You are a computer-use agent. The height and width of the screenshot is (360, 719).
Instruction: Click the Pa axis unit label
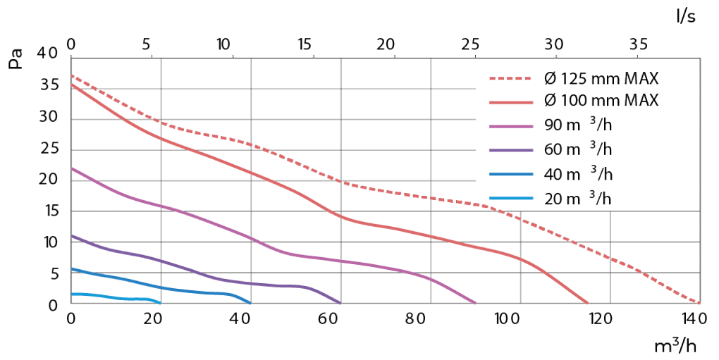16,58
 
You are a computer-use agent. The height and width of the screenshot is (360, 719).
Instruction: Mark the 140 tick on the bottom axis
694,318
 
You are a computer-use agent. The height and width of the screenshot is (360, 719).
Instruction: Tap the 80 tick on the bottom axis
426,318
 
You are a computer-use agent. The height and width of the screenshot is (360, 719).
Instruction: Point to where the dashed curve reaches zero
699,303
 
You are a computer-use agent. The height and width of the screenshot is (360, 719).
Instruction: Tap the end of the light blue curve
160,303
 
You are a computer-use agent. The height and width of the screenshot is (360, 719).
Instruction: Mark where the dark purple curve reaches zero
340,303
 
